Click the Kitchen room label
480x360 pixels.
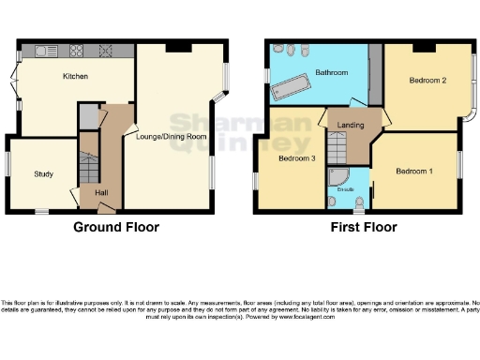pyautogui.click(x=75, y=77)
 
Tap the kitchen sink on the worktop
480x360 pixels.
pyautogui.click(x=46, y=51)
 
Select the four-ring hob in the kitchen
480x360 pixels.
pyautogui.click(x=77, y=51)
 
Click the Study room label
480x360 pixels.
pyautogui.click(x=43, y=174)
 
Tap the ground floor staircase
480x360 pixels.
pyautogui.click(x=89, y=169)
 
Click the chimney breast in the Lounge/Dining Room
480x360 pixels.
pyautogui.click(x=174, y=47)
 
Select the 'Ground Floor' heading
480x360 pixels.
pyautogui.click(x=117, y=227)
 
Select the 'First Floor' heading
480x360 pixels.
pyautogui.click(x=364, y=227)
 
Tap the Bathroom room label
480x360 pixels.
pyautogui.click(x=332, y=73)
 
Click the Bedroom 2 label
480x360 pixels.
pyautogui.click(x=427, y=81)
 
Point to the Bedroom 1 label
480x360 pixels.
pyautogui.click(x=413, y=172)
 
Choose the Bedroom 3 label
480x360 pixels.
pyautogui.click(x=296, y=158)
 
